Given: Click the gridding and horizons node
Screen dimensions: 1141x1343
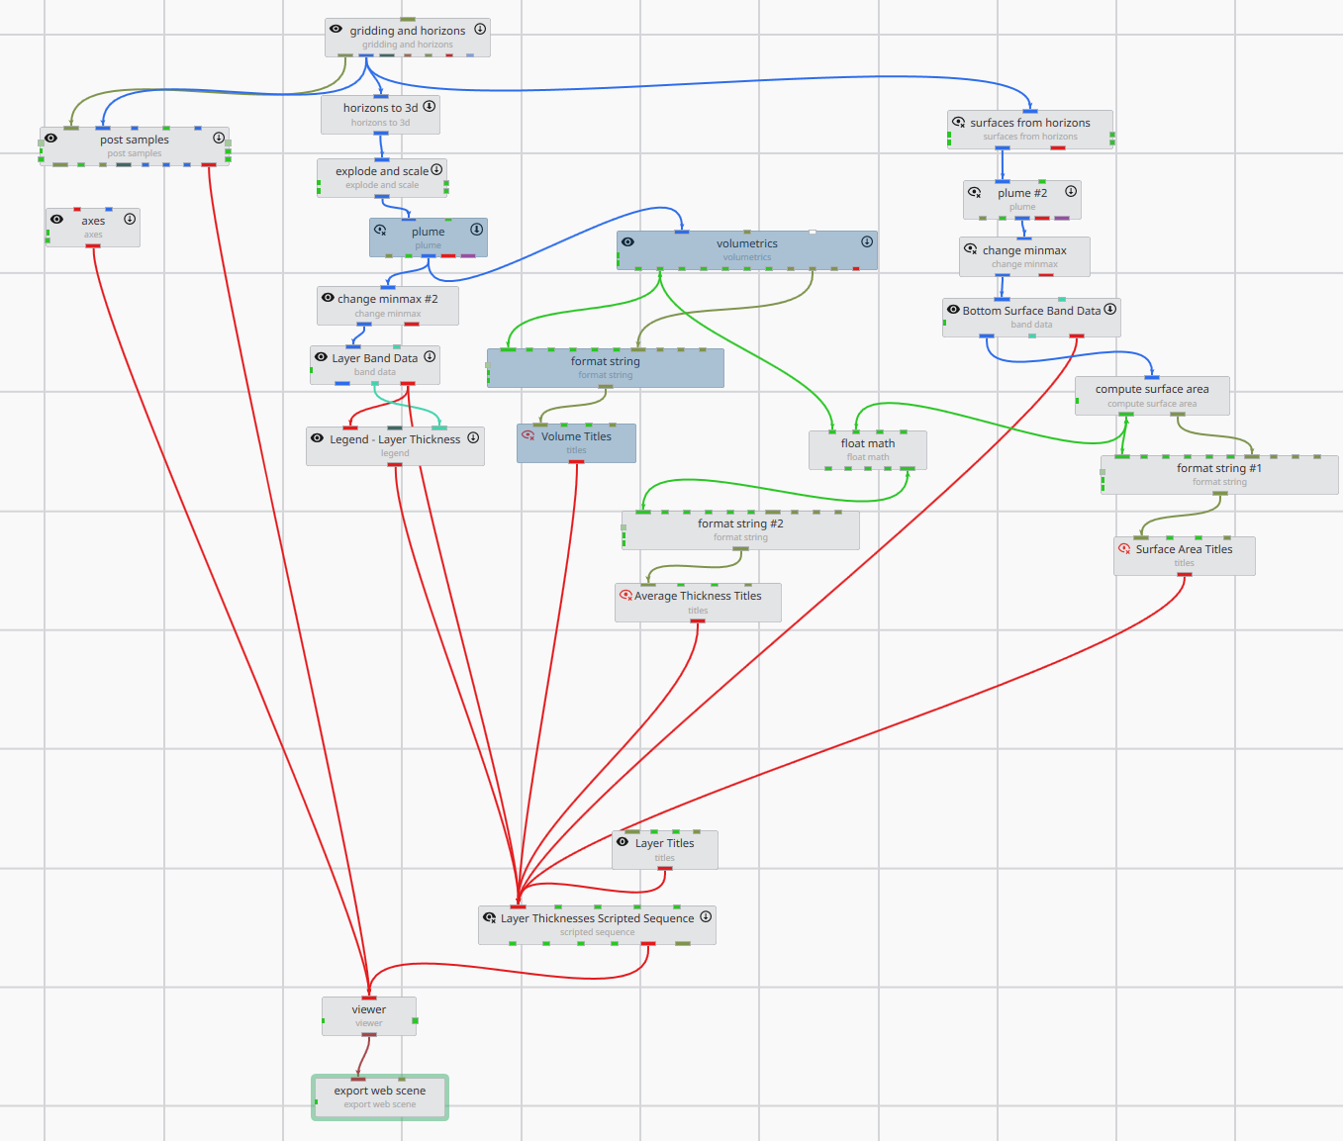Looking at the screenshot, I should coord(407,37).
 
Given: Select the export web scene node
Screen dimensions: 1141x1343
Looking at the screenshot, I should coord(380,1096).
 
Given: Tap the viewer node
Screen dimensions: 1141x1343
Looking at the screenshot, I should coord(368,1015).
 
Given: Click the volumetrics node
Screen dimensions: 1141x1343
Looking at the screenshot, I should coord(746,249).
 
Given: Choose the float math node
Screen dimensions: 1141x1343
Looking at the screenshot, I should coord(867,449).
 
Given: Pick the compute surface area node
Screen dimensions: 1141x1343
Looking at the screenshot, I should coord(1151,395).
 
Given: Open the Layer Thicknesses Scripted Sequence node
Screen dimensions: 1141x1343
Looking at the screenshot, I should coord(597,924).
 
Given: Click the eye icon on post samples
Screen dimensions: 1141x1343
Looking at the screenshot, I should coord(51,139).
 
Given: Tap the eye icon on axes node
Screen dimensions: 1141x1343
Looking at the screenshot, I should coord(57,220).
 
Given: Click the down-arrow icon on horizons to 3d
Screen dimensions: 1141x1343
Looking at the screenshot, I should coord(430,107).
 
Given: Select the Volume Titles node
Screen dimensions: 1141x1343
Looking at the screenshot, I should coord(576,442).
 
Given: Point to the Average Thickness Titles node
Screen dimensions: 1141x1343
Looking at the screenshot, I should coord(698,602).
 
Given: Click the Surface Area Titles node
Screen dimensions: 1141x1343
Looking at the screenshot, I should coord(1184,555).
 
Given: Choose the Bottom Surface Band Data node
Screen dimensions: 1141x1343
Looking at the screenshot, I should coord(1031,317).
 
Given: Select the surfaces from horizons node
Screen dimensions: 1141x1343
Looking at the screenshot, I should coord(1029,129).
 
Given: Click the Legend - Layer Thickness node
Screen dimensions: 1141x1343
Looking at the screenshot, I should coord(395,445).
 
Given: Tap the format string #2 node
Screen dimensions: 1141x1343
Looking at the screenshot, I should coord(740,529).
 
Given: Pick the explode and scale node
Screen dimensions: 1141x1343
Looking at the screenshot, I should coord(382,177).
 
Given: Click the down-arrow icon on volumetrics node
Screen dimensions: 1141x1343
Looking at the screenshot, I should coord(867,241).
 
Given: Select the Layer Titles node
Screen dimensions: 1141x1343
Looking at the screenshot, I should coord(664,849).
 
